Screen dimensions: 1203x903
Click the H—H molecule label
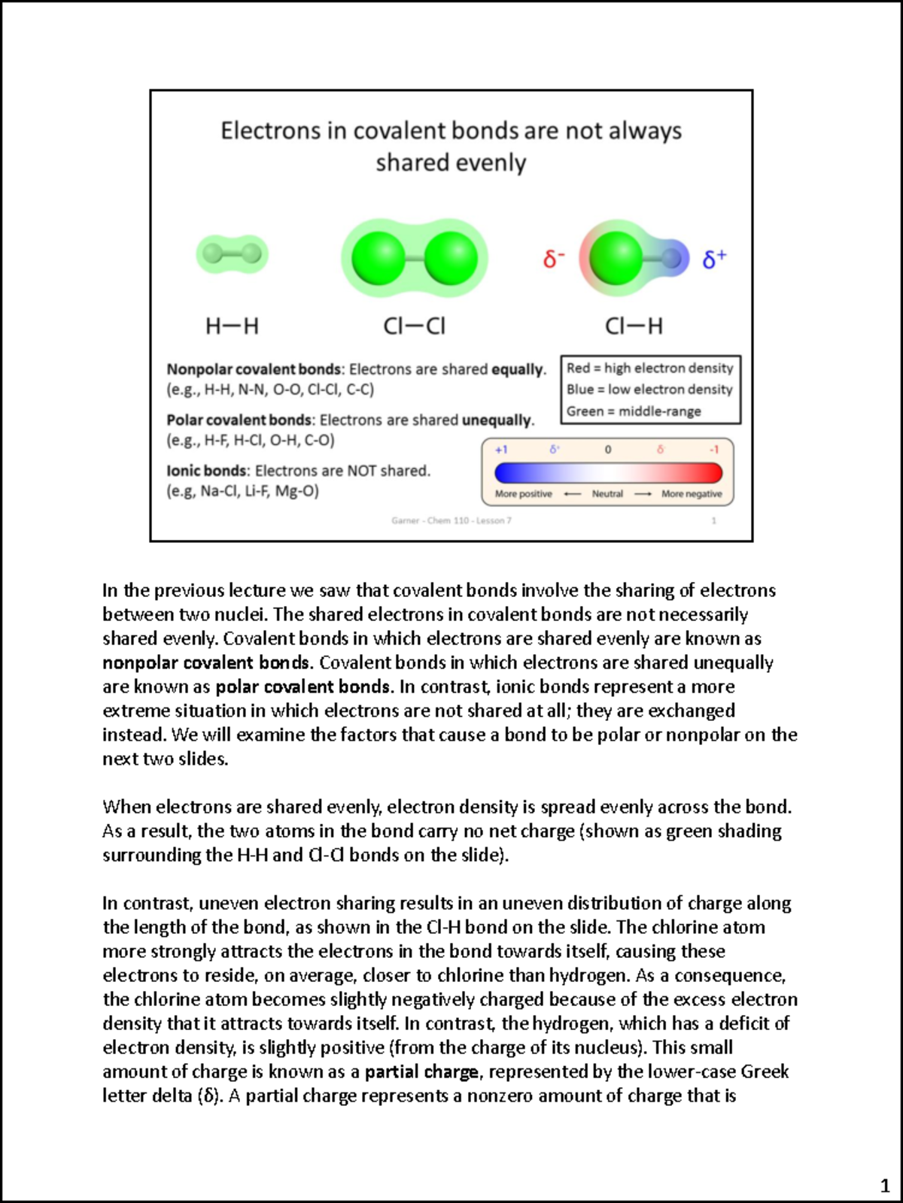(232, 326)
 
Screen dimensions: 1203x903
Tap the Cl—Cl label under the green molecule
(414, 326)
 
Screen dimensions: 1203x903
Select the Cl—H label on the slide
(634, 326)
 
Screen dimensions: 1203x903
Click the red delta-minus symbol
(553, 259)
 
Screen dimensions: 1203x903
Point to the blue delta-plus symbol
(714, 259)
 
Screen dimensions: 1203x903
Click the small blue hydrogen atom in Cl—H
(672, 259)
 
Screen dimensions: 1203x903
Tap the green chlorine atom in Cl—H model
(616, 259)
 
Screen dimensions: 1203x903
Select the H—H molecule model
(232, 253)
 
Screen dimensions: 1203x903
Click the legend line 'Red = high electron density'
(649, 368)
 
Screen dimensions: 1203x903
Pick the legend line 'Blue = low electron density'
(649, 389)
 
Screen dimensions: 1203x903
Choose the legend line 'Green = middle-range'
(634, 411)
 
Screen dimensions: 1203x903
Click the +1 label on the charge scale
(501, 450)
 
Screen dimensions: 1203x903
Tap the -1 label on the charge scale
(714, 450)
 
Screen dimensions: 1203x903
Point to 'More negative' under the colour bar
(692, 494)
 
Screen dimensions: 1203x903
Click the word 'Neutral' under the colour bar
(607, 494)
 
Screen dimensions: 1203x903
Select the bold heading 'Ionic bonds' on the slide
(207, 471)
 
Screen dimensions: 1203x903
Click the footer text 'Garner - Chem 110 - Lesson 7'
(451, 520)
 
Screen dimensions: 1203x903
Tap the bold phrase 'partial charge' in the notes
(421, 1071)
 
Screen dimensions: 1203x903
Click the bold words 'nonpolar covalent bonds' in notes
(206, 662)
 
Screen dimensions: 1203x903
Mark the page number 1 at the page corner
(885, 1187)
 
